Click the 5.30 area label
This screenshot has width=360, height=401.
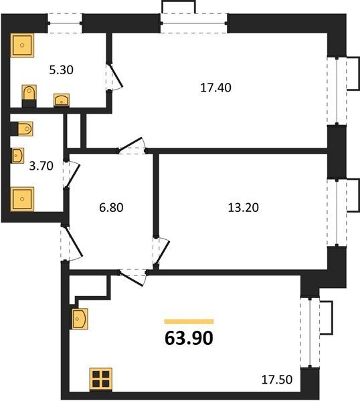(x=61, y=70)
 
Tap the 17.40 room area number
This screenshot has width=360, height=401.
(x=215, y=88)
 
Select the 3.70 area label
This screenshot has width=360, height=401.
(x=41, y=166)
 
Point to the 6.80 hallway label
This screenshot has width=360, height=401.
(x=111, y=207)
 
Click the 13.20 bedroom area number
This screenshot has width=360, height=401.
(x=244, y=207)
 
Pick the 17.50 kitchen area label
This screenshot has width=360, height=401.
(x=277, y=380)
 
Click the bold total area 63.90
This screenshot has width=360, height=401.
(x=189, y=338)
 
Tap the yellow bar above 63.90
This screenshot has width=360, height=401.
(x=189, y=321)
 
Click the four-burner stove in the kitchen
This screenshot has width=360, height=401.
(x=101, y=379)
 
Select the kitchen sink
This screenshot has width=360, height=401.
(x=80, y=319)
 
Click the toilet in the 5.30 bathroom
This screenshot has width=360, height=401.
(x=29, y=96)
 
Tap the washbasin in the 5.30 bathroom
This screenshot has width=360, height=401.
(x=62, y=100)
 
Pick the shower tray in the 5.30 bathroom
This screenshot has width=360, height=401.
(x=22, y=45)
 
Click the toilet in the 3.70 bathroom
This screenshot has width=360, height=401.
(x=22, y=128)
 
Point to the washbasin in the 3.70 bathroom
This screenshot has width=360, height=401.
(x=17, y=156)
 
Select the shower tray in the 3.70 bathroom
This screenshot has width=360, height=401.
(x=22, y=199)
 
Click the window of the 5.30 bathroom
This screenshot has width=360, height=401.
(x=65, y=23)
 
